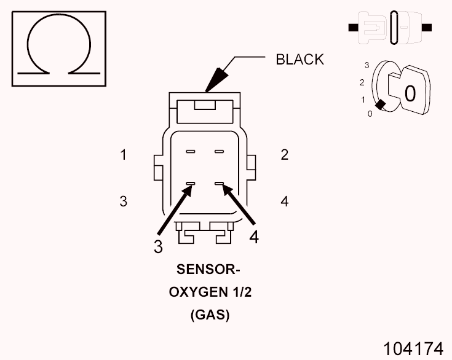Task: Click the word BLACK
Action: tap(299, 59)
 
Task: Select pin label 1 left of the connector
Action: tap(124, 155)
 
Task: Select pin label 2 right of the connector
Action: tap(284, 155)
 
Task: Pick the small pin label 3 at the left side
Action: tap(124, 201)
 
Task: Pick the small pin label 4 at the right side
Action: tap(284, 201)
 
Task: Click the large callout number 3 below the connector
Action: tap(159, 246)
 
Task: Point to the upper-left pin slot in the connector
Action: tap(191, 151)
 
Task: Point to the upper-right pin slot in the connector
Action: tap(218, 151)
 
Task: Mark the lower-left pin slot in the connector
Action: tap(191, 183)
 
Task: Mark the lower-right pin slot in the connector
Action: tap(218, 183)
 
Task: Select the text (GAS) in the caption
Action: tap(210, 315)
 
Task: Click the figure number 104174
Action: tap(413, 348)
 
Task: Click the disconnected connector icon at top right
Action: tap(391, 28)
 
